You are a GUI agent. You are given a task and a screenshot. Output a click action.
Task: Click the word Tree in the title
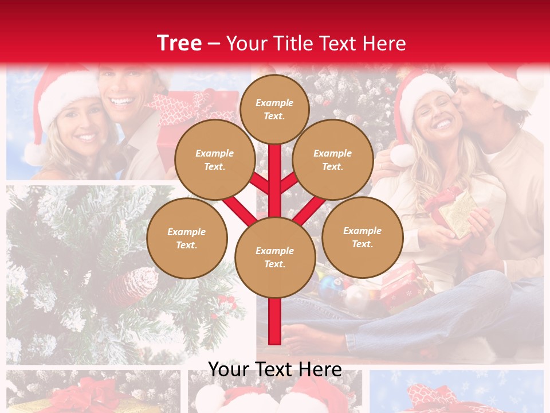[x=179, y=43]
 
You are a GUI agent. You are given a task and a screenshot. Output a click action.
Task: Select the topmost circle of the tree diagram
[x=274, y=109]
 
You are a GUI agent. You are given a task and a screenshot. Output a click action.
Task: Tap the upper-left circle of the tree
[x=214, y=160]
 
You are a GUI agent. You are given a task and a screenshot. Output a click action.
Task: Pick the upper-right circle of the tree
[x=332, y=160]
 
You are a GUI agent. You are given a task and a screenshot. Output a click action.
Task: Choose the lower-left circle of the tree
[x=187, y=239]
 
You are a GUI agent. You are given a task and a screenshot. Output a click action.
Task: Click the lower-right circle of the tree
[x=362, y=237]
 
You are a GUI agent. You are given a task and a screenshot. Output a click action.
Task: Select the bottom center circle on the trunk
[x=274, y=258]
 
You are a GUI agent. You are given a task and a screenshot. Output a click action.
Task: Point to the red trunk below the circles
[x=274, y=321]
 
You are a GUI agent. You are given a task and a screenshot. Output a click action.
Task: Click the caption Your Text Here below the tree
[x=274, y=369]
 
